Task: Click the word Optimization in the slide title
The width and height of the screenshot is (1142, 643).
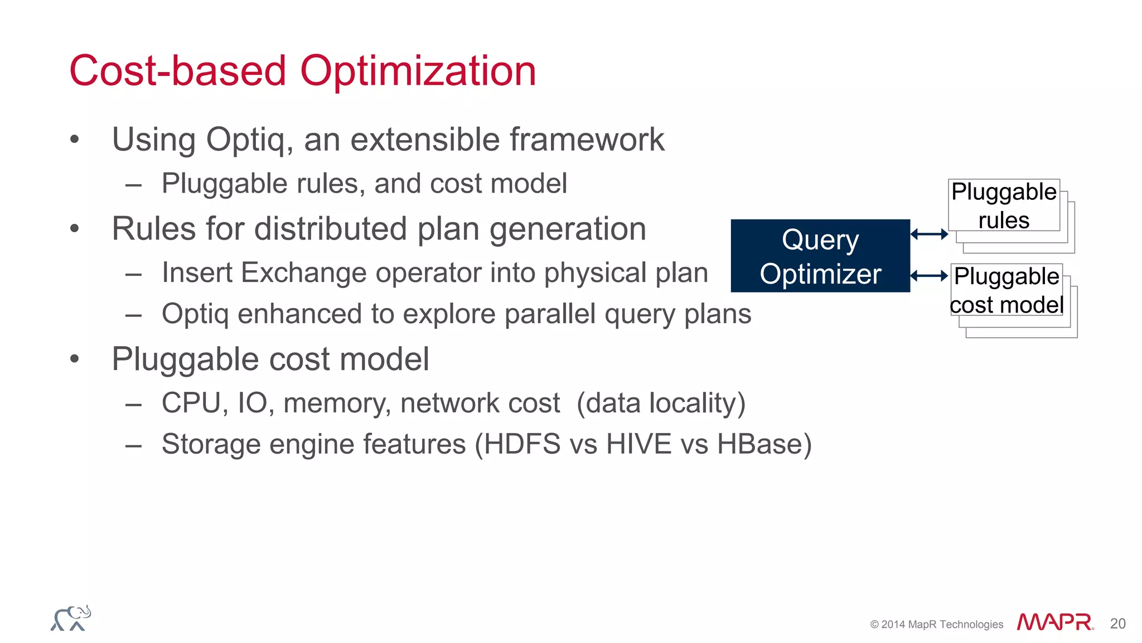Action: coord(418,71)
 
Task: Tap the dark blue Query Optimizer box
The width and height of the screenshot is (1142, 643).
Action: coord(820,256)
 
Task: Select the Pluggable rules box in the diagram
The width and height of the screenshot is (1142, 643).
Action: coord(1004,205)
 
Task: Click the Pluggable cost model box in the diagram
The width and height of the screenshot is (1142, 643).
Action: coord(1006,290)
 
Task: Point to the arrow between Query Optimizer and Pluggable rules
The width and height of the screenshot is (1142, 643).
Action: coord(929,234)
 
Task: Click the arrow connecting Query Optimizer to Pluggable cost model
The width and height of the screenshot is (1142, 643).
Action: coord(929,276)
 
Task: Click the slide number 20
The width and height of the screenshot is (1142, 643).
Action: coord(1117,623)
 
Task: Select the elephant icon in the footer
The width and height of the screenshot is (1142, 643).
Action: coord(71,618)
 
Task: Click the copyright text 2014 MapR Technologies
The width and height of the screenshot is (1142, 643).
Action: coord(937,624)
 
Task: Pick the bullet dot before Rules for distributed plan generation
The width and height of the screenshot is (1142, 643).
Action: coord(75,229)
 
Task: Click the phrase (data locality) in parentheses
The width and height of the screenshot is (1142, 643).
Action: coord(661,403)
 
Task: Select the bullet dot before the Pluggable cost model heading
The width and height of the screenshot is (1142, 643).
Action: coord(75,359)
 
